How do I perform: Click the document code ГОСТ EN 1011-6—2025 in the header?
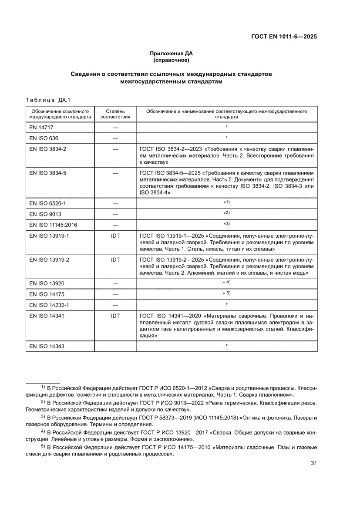pyautogui.click(x=283, y=37)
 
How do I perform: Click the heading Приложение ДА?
pyautogui.click(x=171, y=54)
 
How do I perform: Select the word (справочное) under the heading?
pyautogui.click(x=171, y=60)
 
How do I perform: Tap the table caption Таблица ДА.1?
pyautogui.click(x=45, y=101)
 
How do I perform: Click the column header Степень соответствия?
pyautogui.click(x=115, y=114)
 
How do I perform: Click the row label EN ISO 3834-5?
pyautogui.click(x=47, y=172)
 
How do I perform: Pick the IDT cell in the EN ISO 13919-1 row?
pyautogui.click(x=115, y=236)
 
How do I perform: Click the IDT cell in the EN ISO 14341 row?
pyautogui.click(x=115, y=315)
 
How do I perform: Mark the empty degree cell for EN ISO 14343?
pyautogui.click(x=115, y=346)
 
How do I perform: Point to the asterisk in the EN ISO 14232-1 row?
pyautogui.click(x=226, y=304)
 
